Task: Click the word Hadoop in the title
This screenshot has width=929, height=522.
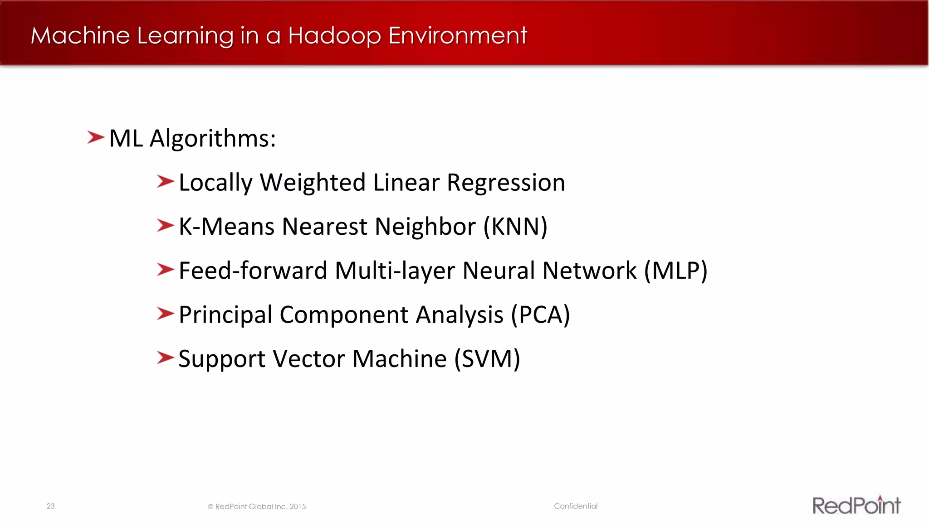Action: point(334,36)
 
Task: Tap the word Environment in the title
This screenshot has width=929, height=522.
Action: point(458,35)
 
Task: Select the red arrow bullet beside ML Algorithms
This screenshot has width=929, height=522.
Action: point(96,137)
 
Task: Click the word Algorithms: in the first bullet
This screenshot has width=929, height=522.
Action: point(213,139)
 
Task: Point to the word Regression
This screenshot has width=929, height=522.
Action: point(506,183)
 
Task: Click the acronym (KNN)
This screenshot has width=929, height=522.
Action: point(515,227)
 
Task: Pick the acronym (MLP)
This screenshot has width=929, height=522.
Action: point(676,271)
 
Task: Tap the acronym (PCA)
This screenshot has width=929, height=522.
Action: point(540,314)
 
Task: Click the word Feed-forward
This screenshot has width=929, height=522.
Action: point(253,271)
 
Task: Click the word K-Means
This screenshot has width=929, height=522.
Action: point(227,227)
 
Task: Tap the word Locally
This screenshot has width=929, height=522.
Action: point(215,183)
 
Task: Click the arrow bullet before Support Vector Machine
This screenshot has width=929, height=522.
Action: point(165,358)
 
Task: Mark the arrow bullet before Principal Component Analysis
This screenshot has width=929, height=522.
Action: point(165,314)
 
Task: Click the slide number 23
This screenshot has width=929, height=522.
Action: point(50,506)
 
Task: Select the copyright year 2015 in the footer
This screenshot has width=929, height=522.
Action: point(298,507)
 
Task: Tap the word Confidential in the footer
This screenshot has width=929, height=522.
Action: point(576,506)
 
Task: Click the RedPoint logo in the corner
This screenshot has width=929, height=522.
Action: point(856,505)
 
